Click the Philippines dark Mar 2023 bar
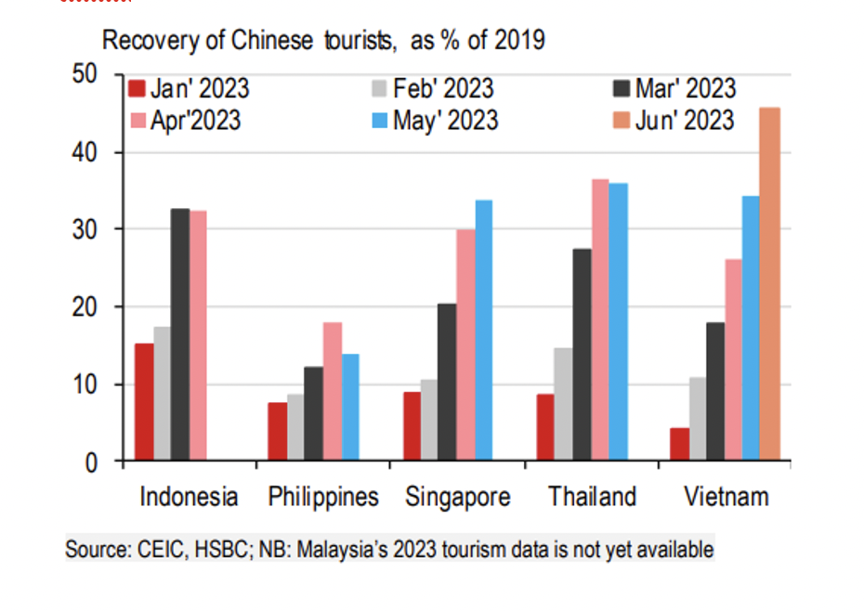tap(314, 414)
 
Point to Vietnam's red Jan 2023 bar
tap(679, 445)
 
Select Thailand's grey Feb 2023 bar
tap(563, 405)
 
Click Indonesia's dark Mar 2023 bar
tap(179, 335)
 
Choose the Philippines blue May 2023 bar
tap(349, 408)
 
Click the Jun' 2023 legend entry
tap(683, 121)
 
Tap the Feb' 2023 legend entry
tap(442, 89)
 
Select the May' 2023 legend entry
tap(442, 121)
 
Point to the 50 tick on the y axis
tap(85, 74)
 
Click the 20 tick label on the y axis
tap(85, 306)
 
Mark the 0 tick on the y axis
tap(91, 461)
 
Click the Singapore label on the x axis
tap(458, 497)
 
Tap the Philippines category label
tap(323, 497)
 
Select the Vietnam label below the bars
tap(727, 497)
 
